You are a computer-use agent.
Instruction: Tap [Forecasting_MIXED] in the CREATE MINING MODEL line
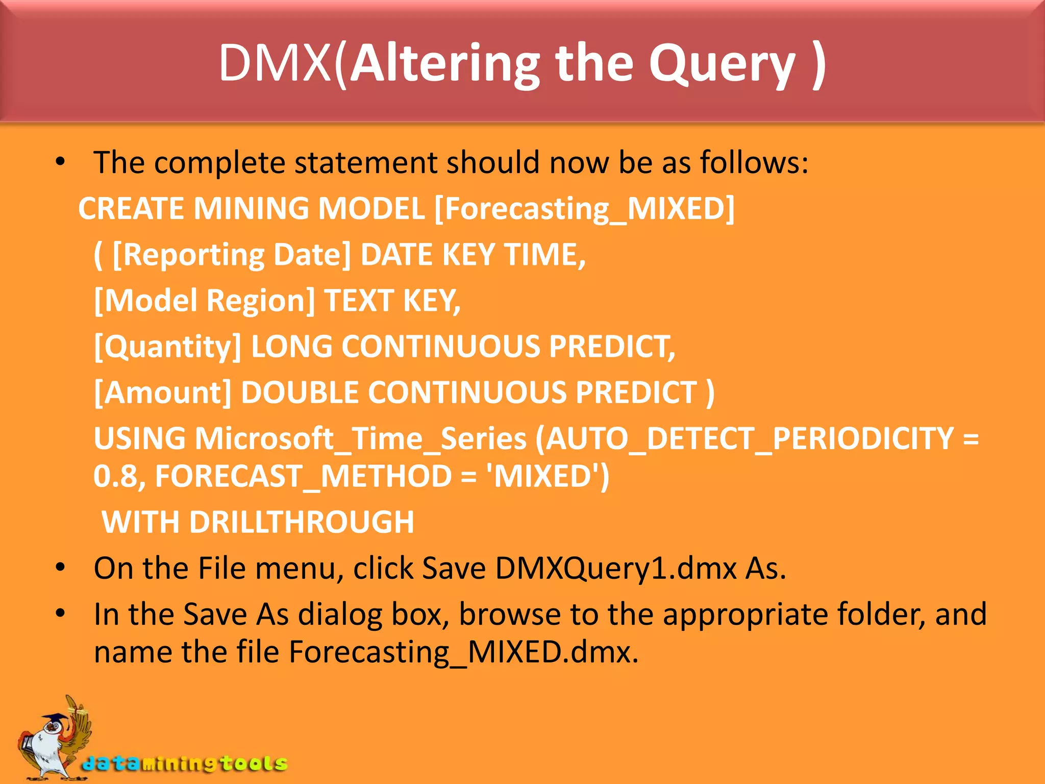point(584,209)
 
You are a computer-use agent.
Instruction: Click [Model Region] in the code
point(205,300)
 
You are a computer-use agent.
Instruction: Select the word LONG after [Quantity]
point(291,347)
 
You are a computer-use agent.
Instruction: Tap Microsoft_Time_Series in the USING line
point(361,438)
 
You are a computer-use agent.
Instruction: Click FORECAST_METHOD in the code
point(303,476)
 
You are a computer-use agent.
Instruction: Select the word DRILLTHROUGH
point(301,522)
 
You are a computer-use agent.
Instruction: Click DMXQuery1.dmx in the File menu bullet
point(615,568)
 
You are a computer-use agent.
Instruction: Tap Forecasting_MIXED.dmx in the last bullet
point(463,652)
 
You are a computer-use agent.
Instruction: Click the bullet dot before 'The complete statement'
point(61,162)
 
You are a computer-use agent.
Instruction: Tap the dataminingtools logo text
point(185,764)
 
